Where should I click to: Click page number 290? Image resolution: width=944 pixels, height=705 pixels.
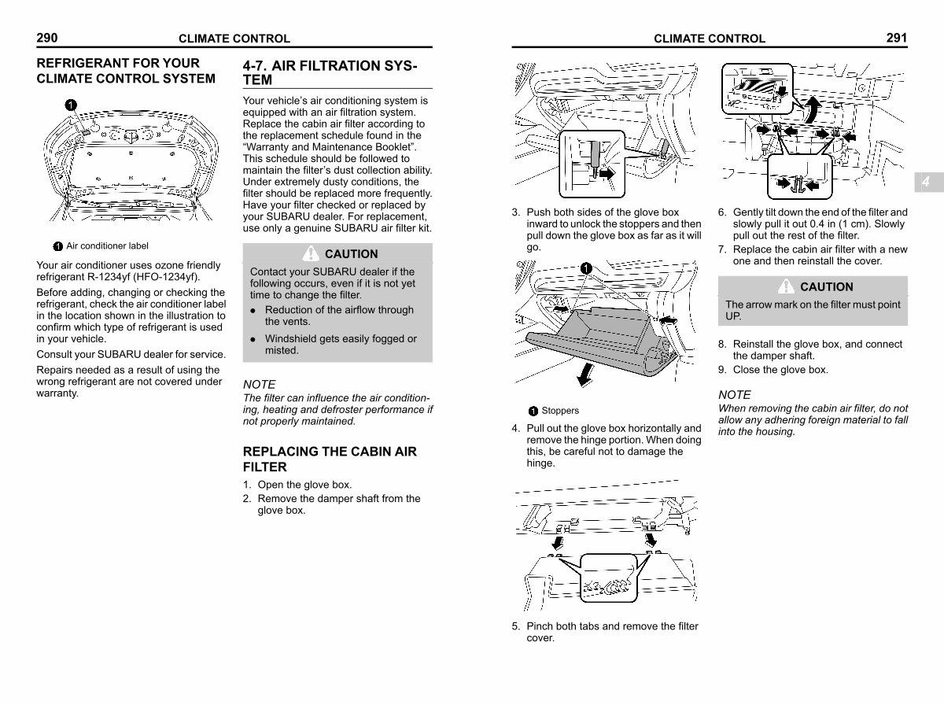coord(47,37)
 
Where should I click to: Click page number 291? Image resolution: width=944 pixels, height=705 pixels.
coord(896,37)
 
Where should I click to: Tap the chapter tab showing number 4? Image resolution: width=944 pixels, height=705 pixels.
coord(926,182)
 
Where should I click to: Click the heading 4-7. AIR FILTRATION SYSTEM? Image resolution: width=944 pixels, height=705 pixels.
coord(330,72)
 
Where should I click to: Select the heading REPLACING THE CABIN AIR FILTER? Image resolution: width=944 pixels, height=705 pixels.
coord(330,459)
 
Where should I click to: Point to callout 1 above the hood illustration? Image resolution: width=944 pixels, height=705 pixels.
coord(70,105)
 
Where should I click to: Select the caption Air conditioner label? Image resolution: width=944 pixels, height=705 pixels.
coord(107,246)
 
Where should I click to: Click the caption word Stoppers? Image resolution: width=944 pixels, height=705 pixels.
coord(559,411)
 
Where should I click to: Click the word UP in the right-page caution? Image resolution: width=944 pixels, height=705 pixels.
coord(733,316)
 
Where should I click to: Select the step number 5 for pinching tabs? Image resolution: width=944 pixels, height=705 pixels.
coord(515,626)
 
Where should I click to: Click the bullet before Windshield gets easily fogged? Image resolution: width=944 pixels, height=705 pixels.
coord(253,339)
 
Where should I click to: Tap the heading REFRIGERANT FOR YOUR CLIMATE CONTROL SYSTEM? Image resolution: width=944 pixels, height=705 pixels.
coord(126,71)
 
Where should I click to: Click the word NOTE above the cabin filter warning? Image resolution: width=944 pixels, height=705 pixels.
coord(735,394)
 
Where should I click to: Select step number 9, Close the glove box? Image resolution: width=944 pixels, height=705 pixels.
coord(721,370)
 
